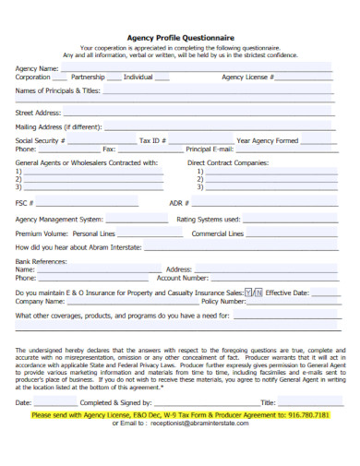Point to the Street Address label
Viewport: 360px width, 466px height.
pos(38,113)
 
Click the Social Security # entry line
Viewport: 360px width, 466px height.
pos(99,142)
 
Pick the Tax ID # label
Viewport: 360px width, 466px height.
pos(152,140)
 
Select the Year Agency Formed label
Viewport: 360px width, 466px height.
pos(267,140)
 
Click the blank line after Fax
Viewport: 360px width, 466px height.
pos(147,150)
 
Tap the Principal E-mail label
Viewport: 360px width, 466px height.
pos(210,149)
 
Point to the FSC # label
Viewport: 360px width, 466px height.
pos(25,202)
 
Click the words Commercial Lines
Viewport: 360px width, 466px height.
pos(217,234)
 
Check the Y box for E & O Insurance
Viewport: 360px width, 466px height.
pos(249,293)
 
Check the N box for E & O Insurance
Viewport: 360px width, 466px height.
pos(258,293)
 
